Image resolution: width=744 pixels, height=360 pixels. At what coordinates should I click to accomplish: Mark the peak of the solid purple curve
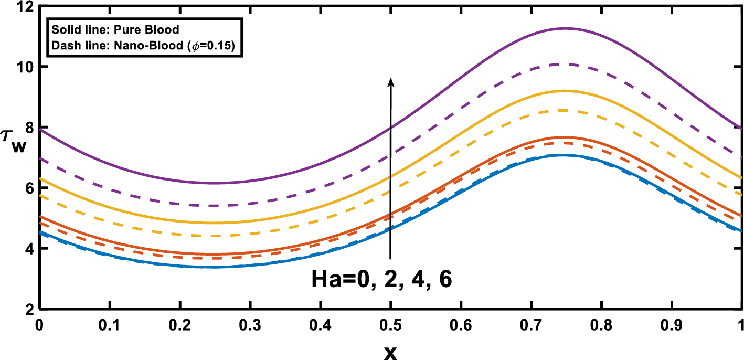[x=565, y=28]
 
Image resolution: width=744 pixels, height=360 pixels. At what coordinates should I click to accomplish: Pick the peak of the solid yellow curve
[x=565, y=91]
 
